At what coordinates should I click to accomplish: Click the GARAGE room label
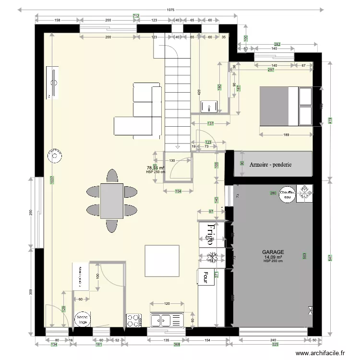point(273,252)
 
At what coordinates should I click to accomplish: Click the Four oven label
point(205,276)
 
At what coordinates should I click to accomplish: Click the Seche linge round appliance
point(81,320)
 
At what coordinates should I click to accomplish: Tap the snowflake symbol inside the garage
point(304,194)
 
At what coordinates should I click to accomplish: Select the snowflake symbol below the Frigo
point(211,257)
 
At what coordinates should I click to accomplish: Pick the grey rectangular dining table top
point(112,200)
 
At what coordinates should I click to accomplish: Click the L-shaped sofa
point(139,113)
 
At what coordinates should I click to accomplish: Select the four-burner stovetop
point(133,320)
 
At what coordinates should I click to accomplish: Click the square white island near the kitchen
point(162,261)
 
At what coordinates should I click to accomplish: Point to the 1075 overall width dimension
point(170,10)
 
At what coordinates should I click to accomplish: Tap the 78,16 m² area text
point(156,168)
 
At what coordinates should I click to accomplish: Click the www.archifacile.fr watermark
point(320,353)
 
